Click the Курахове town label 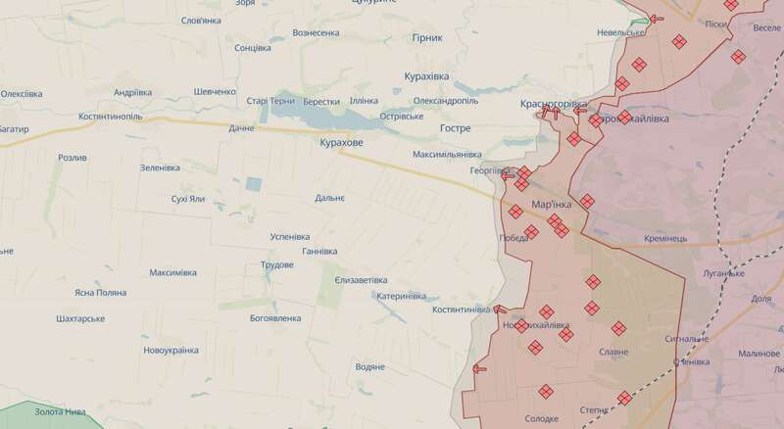tap(341, 143)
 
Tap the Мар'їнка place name tap(552, 205)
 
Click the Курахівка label tap(432, 75)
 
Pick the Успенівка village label tap(289, 237)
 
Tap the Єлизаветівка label tap(360, 280)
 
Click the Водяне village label tap(369, 367)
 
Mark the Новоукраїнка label tap(171, 350)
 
